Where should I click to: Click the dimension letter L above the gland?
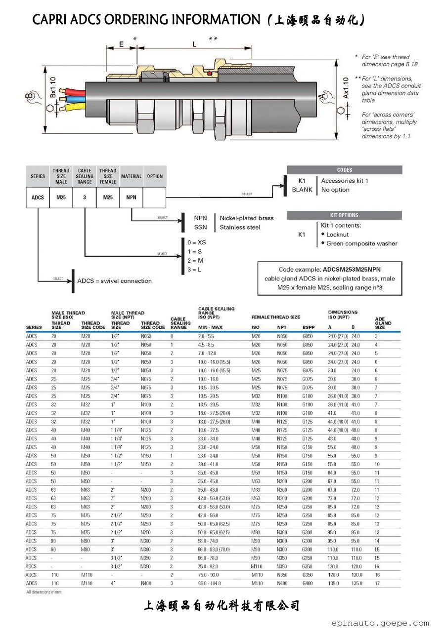[x=194, y=44]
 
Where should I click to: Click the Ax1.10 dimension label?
[x=346, y=87]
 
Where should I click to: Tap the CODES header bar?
[x=344, y=170]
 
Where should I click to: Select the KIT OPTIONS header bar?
[x=344, y=215]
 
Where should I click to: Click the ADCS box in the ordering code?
[x=38, y=197]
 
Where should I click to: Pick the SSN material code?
[x=200, y=228]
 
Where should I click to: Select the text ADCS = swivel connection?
[x=114, y=281]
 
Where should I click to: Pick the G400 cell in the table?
[x=308, y=583]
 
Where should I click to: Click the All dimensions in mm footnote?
[x=44, y=592]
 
